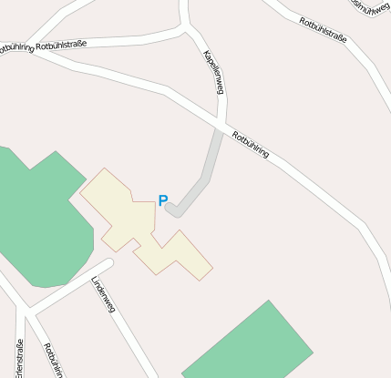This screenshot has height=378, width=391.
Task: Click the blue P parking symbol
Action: tap(163, 201)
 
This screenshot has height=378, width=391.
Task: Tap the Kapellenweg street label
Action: tap(214, 72)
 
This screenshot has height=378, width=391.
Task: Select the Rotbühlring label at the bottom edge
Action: tap(55, 361)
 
